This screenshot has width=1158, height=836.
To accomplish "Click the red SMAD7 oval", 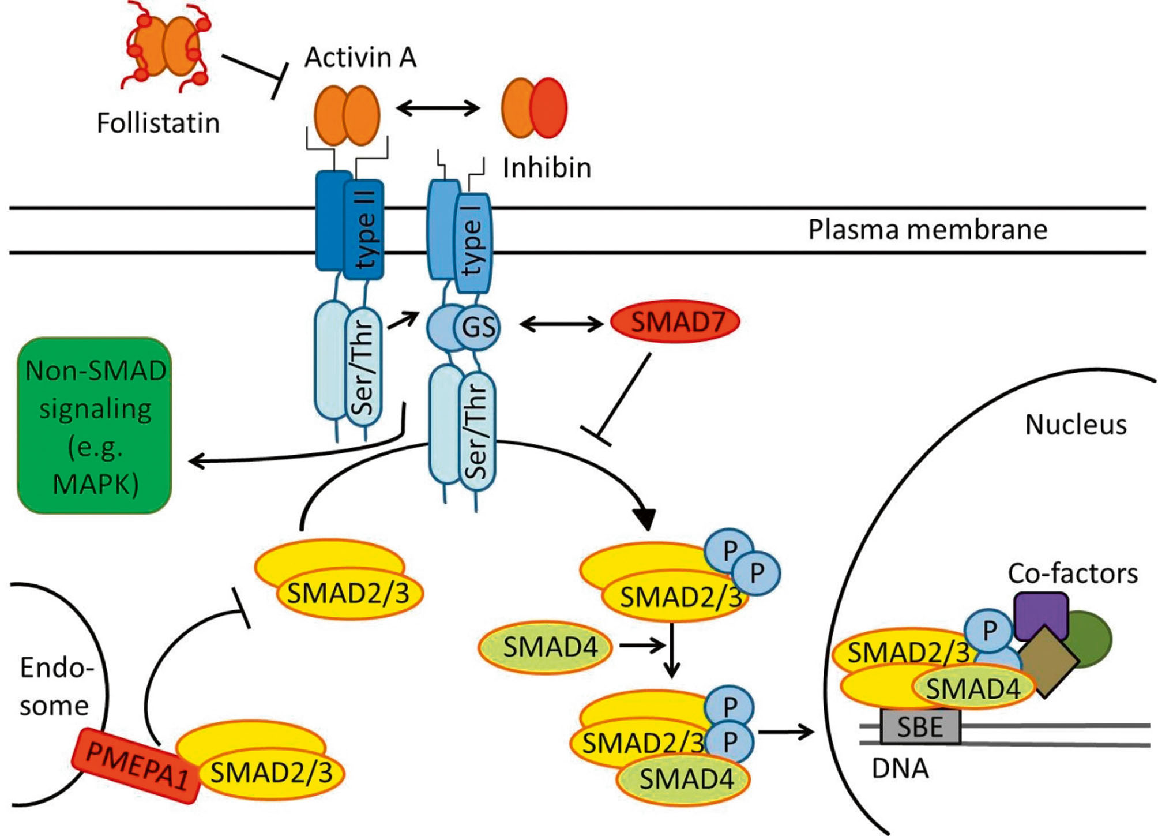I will [x=675, y=323].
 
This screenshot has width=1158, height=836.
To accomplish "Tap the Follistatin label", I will [x=158, y=123].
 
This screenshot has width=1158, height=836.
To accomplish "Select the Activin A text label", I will [x=360, y=57].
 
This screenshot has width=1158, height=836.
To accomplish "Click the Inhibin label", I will [x=547, y=168].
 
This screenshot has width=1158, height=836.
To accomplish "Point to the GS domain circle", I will [x=478, y=327].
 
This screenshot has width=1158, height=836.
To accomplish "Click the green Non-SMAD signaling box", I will [x=95, y=426].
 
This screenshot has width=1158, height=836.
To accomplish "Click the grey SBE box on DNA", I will [x=920, y=726].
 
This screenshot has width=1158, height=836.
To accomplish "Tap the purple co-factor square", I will [x=1041, y=614].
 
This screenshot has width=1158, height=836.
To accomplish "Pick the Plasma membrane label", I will [x=927, y=230].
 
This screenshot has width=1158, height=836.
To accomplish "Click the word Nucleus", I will [x=1076, y=425].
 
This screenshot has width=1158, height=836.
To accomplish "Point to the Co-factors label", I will [x=1073, y=573].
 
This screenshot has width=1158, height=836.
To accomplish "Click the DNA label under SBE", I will [x=900, y=768].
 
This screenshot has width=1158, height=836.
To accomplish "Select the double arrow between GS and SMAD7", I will [x=561, y=324].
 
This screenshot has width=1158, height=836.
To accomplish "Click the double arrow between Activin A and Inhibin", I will [x=438, y=108].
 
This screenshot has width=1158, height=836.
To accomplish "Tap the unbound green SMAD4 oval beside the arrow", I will [x=546, y=647].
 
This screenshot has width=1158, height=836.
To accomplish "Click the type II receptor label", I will [x=365, y=230].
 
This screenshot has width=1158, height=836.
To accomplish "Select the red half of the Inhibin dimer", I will [x=548, y=108].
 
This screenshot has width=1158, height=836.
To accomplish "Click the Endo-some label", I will [x=56, y=687].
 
